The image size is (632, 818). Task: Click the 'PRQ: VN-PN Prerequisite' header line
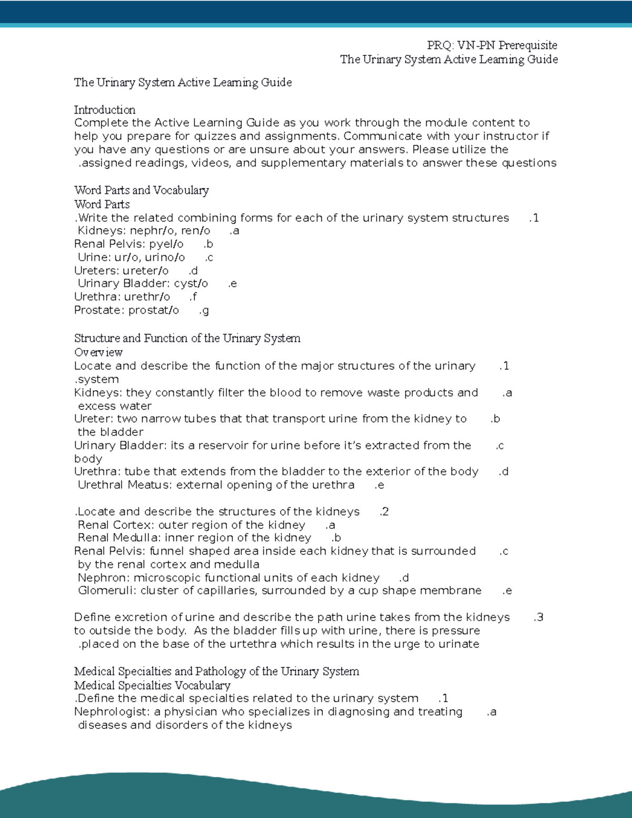tap(492, 45)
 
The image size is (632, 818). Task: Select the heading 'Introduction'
tap(105, 110)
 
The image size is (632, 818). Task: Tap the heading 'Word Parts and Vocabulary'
tap(141, 190)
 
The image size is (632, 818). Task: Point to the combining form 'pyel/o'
tap(166, 244)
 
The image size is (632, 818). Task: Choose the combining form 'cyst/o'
tap(191, 283)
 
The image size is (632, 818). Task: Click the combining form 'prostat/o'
tap(154, 310)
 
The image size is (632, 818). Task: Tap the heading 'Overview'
tap(98, 352)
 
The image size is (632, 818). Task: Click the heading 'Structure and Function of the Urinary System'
tap(187, 338)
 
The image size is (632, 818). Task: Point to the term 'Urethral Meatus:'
tap(125, 485)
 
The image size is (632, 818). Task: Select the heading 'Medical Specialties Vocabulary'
tap(152, 685)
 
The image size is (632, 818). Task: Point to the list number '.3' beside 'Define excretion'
tap(538, 617)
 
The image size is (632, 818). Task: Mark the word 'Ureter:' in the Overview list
tap(94, 419)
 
